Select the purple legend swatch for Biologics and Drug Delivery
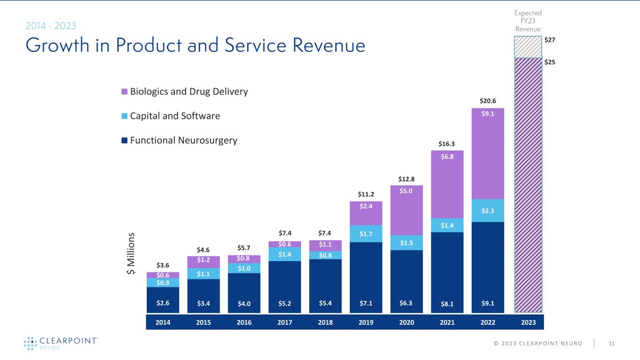click(x=124, y=92)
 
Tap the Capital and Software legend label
click(x=175, y=116)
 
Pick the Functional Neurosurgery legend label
click(x=184, y=140)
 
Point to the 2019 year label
click(x=366, y=322)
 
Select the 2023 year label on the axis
click(x=528, y=322)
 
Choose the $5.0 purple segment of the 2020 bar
click(x=407, y=210)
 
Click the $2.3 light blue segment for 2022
click(x=488, y=210)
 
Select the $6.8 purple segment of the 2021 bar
click(x=447, y=184)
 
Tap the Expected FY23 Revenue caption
click(x=528, y=21)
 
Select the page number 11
click(x=611, y=344)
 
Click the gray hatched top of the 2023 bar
click(x=528, y=47)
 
